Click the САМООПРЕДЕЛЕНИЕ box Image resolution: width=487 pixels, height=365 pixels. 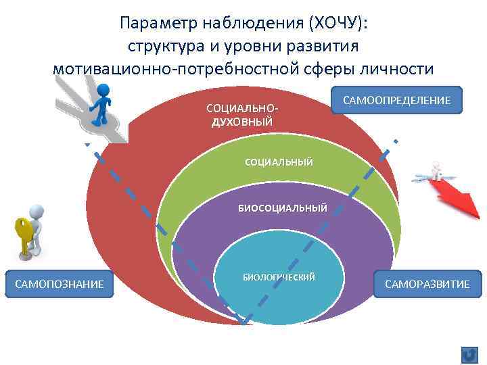coord(396,100)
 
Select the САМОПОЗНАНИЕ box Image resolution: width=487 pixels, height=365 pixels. coord(60,284)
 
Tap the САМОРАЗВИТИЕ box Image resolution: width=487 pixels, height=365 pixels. coord(427,284)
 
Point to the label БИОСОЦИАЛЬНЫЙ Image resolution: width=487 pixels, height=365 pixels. coord(282,208)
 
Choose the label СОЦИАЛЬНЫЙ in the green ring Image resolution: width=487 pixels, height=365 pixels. coord(279,162)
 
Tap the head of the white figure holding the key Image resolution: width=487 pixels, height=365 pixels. coord(37,213)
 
